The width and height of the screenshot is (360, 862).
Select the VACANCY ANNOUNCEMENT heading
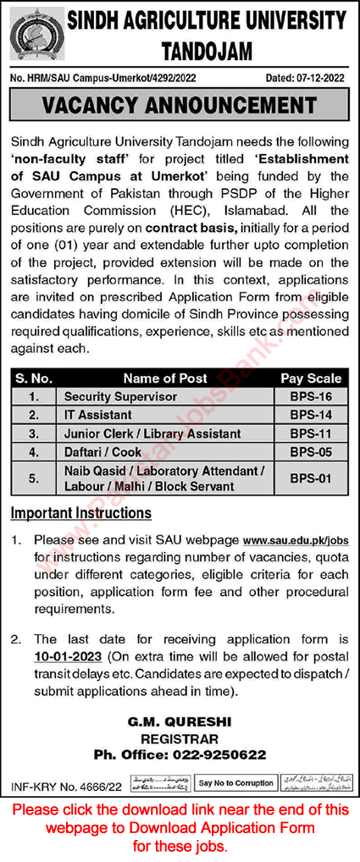[x=180, y=105]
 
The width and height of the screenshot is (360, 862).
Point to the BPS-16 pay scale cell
[x=311, y=396]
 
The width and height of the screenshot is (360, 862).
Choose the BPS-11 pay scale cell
[x=311, y=434]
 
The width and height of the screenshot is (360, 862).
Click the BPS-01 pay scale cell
[x=311, y=479]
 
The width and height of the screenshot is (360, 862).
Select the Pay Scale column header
[x=311, y=379]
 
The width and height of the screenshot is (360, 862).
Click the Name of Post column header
[x=164, y=379]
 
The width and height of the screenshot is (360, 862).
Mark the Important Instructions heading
[x=81, y=513]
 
